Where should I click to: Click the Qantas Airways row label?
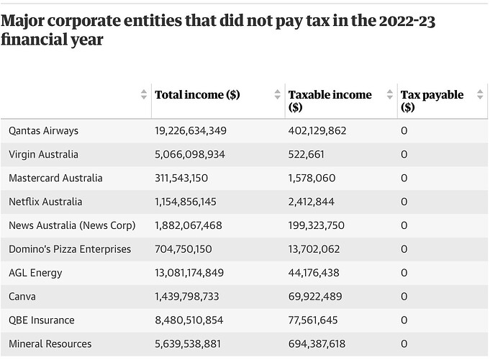(x=43, y=131)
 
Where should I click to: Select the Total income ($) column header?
(x=198, y=94)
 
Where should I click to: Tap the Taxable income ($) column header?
(x=330, y=101)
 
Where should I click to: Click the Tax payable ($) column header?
(x=432, y=101)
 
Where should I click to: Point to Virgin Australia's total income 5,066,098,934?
(x=190, y=155)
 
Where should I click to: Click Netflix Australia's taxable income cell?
(x=313, y=202)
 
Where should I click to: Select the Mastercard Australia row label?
(x=55, y=178)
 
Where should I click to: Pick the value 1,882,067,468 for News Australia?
(x=189, y=225)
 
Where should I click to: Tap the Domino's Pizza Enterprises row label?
(x=70, y=249)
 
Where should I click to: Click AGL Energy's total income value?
(x=189, y=273)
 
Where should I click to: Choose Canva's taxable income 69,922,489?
(x=315, y=296)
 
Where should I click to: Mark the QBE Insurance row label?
(x=42, y=320)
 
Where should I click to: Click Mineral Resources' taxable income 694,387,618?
(x=319, y=343)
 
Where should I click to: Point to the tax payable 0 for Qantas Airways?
(x=404, y=131)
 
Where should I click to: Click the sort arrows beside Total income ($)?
(x=144, y=94)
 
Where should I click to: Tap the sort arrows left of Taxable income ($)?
(x=278, y=94)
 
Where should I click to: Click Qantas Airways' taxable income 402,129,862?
(x=317, y=131)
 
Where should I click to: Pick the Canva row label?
(x=23, y=296)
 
